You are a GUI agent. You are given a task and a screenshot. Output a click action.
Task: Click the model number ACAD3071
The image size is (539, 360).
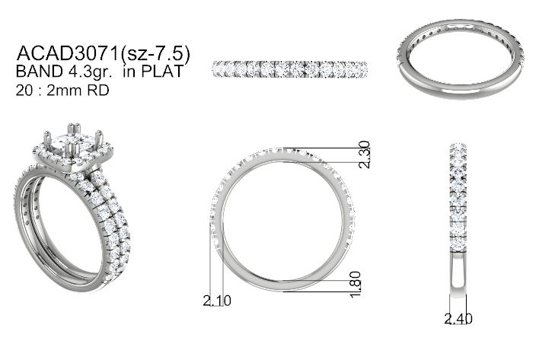coord(68,53)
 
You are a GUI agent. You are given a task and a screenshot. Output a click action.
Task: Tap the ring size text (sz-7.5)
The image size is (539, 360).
coord(155,53)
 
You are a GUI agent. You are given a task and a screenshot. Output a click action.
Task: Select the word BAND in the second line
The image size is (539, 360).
coord(39,72)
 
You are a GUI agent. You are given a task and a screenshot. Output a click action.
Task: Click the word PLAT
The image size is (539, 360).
coord(162,72)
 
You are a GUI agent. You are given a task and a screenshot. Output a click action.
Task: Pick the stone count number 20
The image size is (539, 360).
coord(24,91)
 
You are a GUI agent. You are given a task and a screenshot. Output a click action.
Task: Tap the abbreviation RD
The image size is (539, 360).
coord(98,91)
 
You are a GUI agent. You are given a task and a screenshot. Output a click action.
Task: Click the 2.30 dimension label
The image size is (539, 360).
coord(364,155)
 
